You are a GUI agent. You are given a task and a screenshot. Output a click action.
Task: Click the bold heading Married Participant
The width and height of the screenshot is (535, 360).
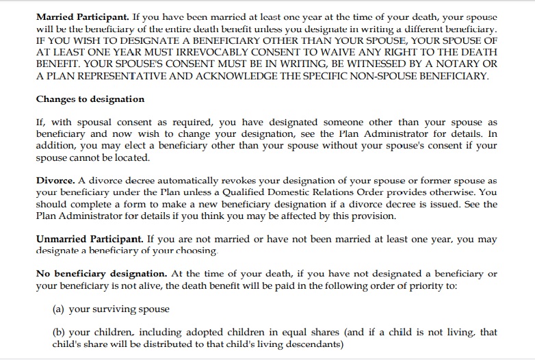[x=79, y=16]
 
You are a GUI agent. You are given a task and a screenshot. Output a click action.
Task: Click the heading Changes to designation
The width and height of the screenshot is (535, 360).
[x=90, y=99]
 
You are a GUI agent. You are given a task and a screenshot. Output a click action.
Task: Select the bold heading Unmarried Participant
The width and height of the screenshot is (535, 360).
[x=90, y=239]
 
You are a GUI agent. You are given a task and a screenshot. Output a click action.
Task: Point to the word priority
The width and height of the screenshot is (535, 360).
[x=433, y=285]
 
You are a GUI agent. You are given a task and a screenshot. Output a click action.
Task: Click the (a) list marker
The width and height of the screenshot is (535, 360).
[x=58, y=309]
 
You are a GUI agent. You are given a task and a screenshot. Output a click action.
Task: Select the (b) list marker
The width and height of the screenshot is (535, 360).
[x=58, y=333]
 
